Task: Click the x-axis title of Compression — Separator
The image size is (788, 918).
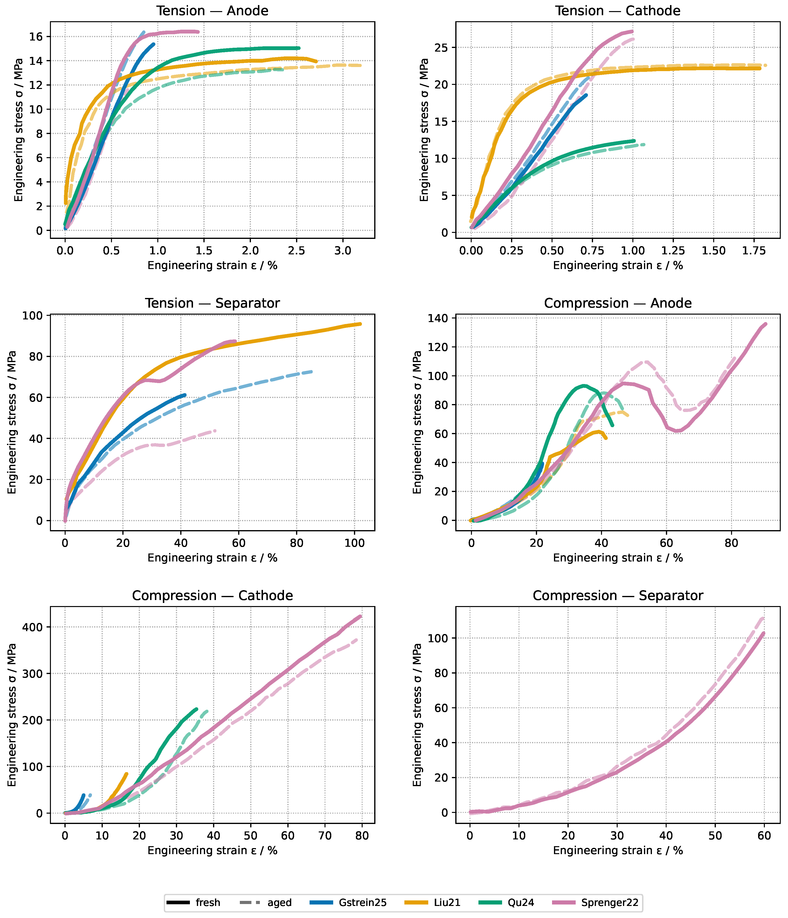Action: point(618,851)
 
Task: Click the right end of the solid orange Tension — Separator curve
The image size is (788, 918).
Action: point(360,324)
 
